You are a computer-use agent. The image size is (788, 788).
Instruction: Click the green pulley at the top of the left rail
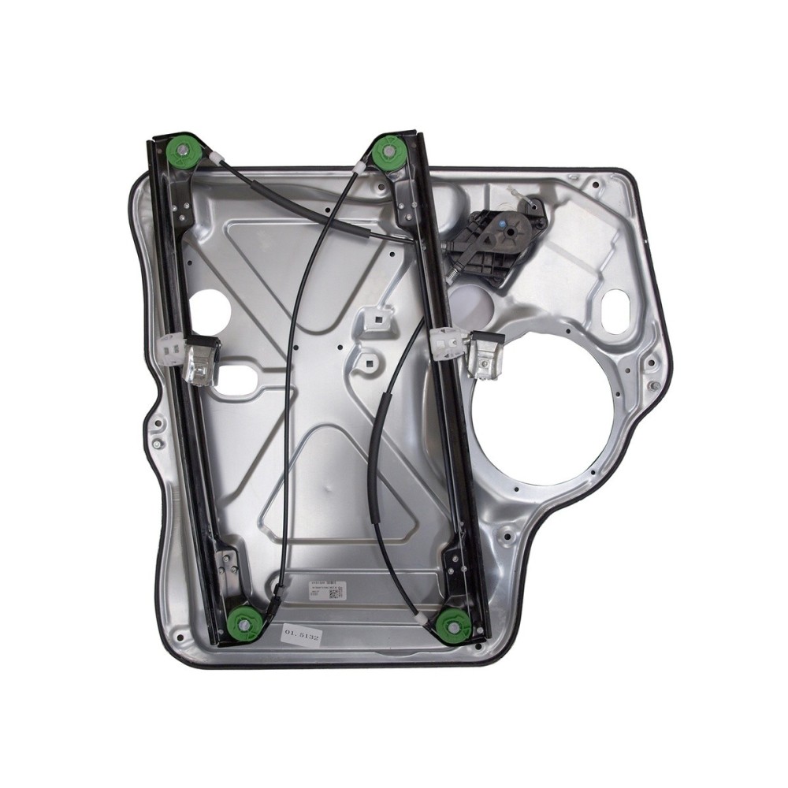click(186, 150)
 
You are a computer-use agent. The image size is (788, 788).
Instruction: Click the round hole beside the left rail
click(210, 309)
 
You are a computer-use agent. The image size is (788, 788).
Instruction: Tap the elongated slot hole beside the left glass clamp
click(240, 376)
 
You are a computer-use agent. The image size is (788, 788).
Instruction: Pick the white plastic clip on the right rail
click(448, 340)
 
